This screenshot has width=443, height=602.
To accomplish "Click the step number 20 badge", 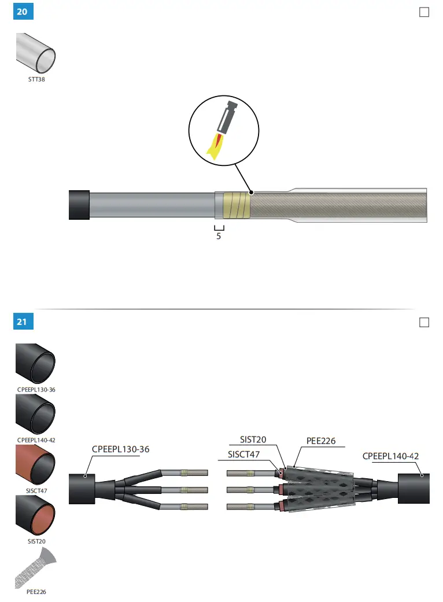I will pyautogui.click(x=21, y=12).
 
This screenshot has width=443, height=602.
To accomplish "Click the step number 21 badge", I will pyautogui.click(x=21, y=322).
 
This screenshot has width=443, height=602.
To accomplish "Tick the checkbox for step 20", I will pyautogui.click(x=424, y=12).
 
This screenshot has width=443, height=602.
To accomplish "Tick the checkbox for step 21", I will pyautogui.click(x=424, y=322).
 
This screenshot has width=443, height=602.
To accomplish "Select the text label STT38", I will pyautogui.click(x=36, y=80).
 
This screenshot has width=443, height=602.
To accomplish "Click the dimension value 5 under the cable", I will pyautogui.click(x=219, y=236).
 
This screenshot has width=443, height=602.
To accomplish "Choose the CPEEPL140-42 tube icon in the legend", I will pyautogui.click(x=36, y=414).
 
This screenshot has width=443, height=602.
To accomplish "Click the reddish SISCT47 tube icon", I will pyautogui.click(x=36, y=465).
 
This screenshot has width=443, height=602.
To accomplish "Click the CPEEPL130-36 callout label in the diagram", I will pyautogui.click(x=124, y=449).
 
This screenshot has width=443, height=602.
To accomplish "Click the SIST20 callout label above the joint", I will pyautogui.click(x=253, y=440).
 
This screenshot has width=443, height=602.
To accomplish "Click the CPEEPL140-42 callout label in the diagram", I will pyautogui.click(x=390, y=456).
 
